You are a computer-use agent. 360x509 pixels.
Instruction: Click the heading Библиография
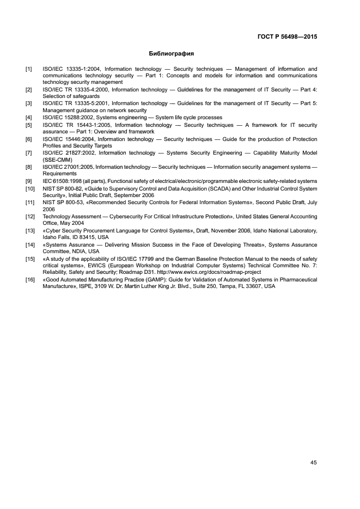pos(172,54)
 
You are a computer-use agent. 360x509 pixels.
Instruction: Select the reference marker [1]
pos(28,69)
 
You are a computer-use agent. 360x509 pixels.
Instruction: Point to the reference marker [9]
pos(28,181)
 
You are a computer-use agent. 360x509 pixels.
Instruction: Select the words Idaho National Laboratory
pos(286,230)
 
